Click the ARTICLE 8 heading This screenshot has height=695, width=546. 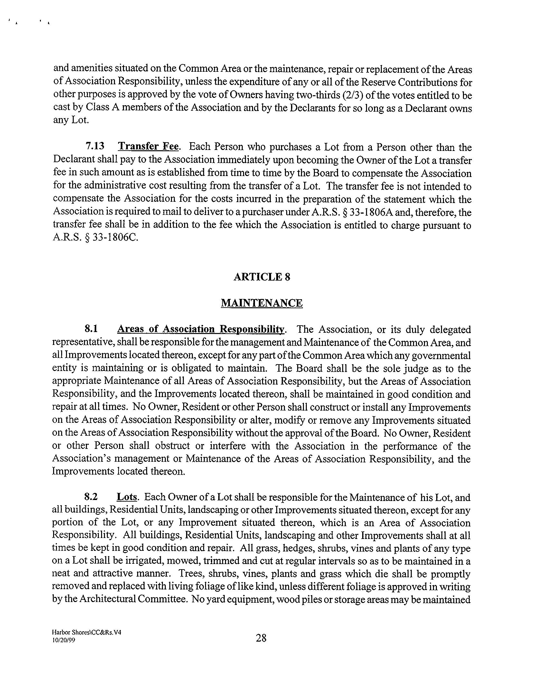(262, 277)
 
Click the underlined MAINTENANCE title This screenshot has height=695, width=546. (262, 303)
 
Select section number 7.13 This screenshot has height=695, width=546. (95, 146)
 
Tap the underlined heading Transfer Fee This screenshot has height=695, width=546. (148, 146)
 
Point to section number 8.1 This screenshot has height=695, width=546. (91, 329)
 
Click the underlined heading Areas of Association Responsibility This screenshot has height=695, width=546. (201, 329)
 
